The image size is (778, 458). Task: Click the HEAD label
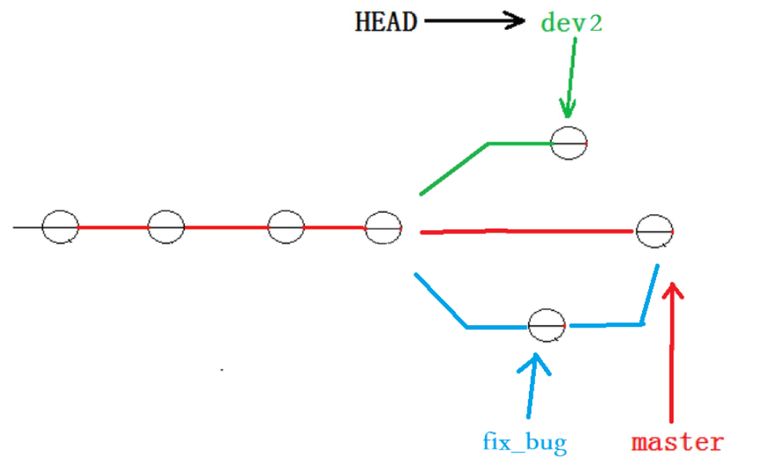click(x=386, y=21)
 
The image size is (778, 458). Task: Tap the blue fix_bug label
click(x=524, y=442)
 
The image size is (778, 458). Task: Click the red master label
click(x=676, y=442)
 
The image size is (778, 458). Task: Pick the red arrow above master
click(x=673, y=354)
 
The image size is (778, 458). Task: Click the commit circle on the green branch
click(x=569, y=144)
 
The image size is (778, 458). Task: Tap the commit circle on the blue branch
click(x=547, y=325)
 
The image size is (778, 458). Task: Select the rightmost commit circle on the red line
click(x=655, y=231)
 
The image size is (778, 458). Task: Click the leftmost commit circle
click(x=61, y=228)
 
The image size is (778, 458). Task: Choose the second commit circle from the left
click(x=166, y=228)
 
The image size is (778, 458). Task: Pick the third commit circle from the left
click(x=286, y=228)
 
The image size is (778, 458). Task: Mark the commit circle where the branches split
click(x=383, y=228)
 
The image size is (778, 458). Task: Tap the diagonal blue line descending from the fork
click(x=440, y=300)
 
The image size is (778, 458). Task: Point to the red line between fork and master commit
click(x=527, y=232)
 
